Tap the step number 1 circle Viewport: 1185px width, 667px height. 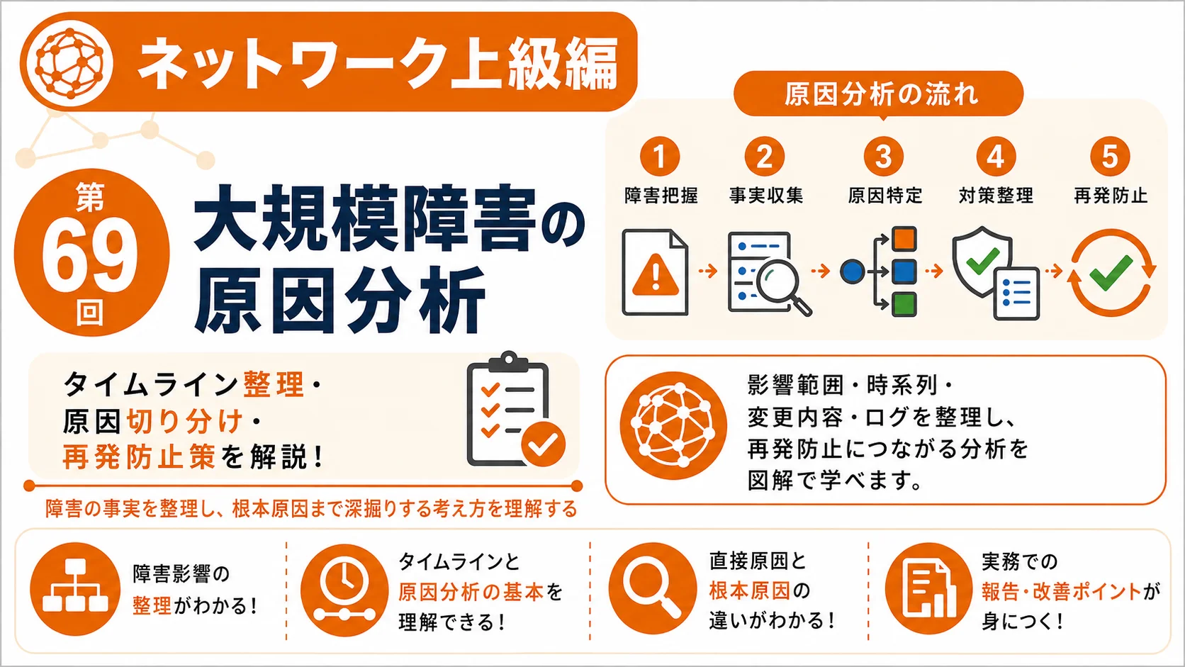tap(659, 156)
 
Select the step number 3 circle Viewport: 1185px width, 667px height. tap(884, 156)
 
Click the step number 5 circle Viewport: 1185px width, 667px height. tap(1110, 156)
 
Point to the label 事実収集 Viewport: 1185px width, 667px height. tap(766, 196)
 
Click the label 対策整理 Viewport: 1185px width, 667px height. tap(996, 196)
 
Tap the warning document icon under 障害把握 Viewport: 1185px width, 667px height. tap(655, 272)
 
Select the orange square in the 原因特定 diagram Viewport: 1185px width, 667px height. tap(904, 239)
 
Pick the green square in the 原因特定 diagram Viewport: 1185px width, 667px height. tap(904, 304)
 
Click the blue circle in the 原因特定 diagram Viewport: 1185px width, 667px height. tap(852, 271)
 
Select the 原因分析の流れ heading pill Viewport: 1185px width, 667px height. tap(879, 94)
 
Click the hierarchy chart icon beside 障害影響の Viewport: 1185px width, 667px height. tap(74, 589)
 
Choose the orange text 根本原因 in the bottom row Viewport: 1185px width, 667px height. tap(749, 591)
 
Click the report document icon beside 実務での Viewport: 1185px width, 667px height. tap(929, 589)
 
